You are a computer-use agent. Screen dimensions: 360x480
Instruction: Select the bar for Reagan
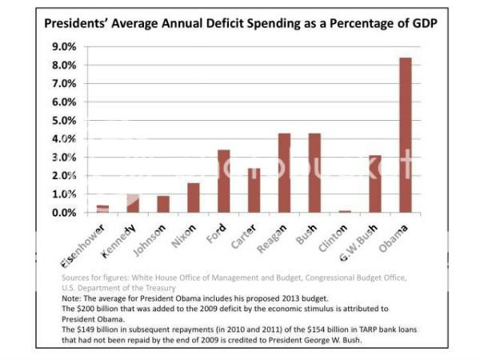284,173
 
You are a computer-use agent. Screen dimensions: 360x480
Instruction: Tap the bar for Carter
254,190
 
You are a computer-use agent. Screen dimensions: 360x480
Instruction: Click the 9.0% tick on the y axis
66,46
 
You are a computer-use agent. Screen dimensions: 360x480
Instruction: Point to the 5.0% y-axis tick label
66,121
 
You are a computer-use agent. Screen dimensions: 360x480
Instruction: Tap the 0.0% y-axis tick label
66,213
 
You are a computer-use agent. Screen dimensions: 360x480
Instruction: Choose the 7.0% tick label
66,83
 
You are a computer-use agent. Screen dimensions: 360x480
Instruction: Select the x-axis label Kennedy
118,241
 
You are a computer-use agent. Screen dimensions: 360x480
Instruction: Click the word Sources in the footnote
78,278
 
